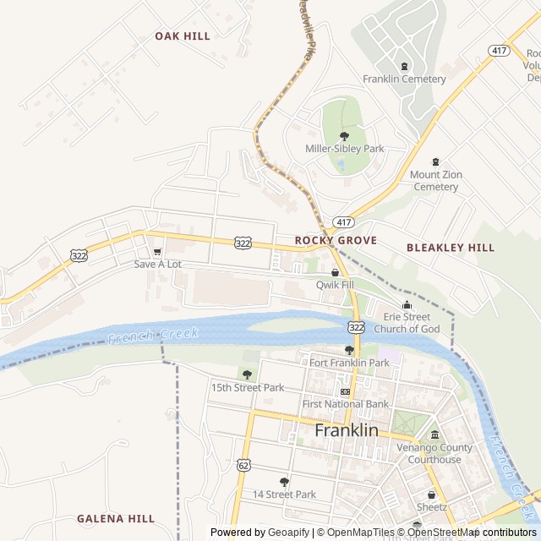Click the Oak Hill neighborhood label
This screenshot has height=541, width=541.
(x=182, y=36)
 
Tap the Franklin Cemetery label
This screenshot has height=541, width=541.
(x=404, y=79)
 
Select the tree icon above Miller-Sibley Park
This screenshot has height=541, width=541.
(x=344, y=135)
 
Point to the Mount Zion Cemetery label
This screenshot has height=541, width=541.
(x=435, y=180)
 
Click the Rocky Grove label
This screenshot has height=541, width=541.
(x=336, y=241)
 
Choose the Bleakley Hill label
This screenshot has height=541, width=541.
(x=451, y=248)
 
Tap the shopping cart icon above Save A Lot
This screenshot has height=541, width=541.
(x=157, y=251)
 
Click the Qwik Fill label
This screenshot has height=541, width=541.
(x=335, y=285)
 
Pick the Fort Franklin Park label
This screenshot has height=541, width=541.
(x=349, y=363)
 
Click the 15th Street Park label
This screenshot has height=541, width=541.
(x=247, y=388)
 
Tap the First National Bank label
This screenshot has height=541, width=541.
(x=346, y=404)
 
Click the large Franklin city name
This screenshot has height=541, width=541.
(x=347, y=430)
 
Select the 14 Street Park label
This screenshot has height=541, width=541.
(x=284, y=495)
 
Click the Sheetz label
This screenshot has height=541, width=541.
(x=431, y=507)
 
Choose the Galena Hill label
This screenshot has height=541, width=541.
(x=116, y=518)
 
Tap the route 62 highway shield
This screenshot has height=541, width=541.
(x=244, y=465)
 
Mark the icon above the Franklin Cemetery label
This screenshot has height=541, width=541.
(x=404, y=66)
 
